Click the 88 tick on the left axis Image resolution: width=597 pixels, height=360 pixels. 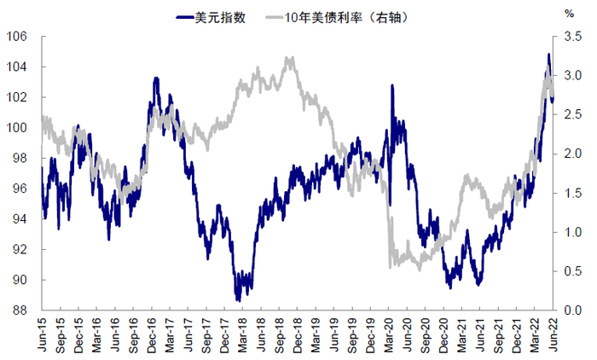pos(20,311)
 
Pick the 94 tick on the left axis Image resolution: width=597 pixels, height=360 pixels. pos(20,219)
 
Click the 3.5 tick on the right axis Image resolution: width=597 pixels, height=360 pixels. pos(571,37)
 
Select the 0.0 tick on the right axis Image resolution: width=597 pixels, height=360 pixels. pos(571,311)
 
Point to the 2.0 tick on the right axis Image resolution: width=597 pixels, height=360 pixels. pos(571,154)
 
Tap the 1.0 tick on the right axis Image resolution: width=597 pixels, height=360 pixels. pos(571,232)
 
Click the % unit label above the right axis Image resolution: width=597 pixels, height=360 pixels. pos(569,14)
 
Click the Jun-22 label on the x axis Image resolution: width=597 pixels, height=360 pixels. pos(555,335)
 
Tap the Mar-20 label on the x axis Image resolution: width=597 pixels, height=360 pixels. pos(391,335)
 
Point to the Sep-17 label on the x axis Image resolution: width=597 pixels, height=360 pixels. pos(207,335)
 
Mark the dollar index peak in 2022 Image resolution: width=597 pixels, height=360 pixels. pos(548,55)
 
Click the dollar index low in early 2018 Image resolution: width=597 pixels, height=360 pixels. pos(238,299)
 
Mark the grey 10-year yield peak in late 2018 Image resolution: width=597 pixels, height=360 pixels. pos(290,58)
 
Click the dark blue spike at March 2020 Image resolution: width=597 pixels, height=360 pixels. pos(391,85)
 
